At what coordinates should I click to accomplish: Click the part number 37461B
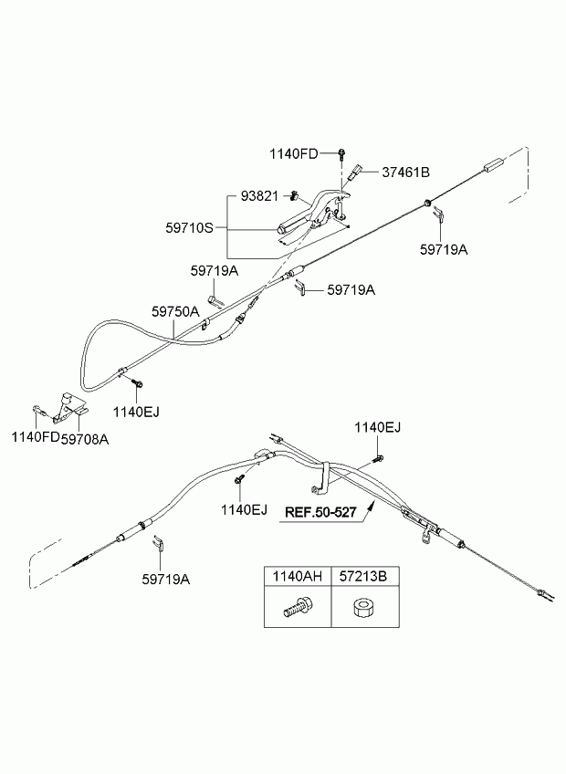pyautogui.click(x=405, y=173)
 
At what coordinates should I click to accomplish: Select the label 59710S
pyautogui.click(x=189, y=228)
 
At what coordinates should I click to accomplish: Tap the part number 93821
pyautogui.click(x=259, y=196)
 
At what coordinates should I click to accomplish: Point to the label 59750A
pyautogui.click(x=175, y=311)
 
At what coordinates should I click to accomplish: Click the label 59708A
pyautogui.click(x=85, y=439)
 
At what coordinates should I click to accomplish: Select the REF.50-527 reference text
pyautogui.click(x=320, y=512)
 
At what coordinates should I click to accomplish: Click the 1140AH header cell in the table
pyautogui.click(x=298, y=576)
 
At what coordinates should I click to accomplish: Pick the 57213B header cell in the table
pyautogui.click(x=364, y=576)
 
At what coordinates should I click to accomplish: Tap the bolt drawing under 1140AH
pyautogui.click(x=296, y=607)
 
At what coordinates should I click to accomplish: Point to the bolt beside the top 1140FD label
pyautogui.click(x=341, y=153)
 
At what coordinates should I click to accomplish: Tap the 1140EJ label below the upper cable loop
pyautogui.click(x=136, y=412)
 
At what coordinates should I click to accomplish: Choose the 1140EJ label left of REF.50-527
pyautogui.click(x=244, y=509)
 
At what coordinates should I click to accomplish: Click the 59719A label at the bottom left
pyautogui.click(x=166, y=579)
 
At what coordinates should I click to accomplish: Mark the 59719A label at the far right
pyautogui.click(x=444, y=249)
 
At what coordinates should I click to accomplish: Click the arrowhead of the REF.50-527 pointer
pyautogui.click(x=372, y=504)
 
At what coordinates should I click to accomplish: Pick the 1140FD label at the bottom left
pyautogui.click(x=36, y=437)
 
